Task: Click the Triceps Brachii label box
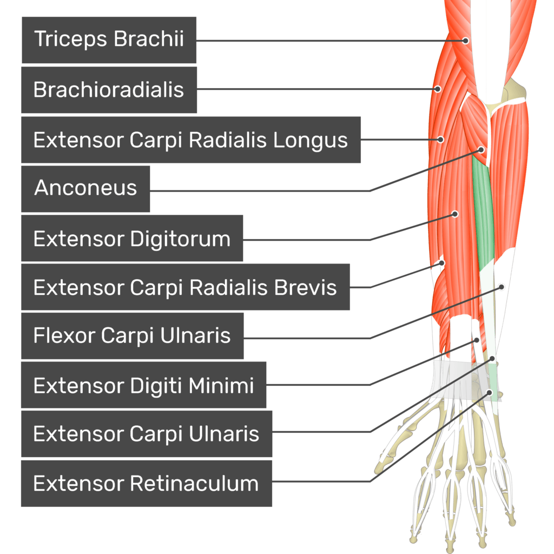point(109,39)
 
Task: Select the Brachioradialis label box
point(109,90)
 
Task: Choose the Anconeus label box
point(85,188)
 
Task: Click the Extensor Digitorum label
point(132,239)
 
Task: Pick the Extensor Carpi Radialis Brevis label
point(185,287)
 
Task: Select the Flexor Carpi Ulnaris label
point(132,336)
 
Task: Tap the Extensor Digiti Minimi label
point(143,385)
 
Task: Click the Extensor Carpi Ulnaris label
point(146,434)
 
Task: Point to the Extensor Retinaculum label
point(146,483)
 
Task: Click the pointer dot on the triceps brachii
point(465,40)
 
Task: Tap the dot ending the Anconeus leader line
point(482,149)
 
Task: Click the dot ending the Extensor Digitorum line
point(455,214)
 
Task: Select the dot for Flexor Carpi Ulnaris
point(502,286)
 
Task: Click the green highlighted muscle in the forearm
point(483,216)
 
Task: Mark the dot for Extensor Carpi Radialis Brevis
point(441,263)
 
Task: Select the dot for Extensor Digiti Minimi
point(477,340)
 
